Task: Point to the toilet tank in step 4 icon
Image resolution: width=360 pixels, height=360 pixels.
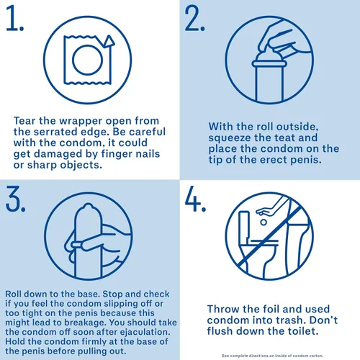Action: (x=244, y=225)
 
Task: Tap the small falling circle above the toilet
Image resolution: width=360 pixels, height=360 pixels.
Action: (x=264, y=222)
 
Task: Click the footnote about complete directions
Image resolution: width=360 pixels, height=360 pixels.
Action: (x=272, y=356)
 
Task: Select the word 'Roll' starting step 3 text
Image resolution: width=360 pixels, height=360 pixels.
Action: (x=14, y=294)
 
